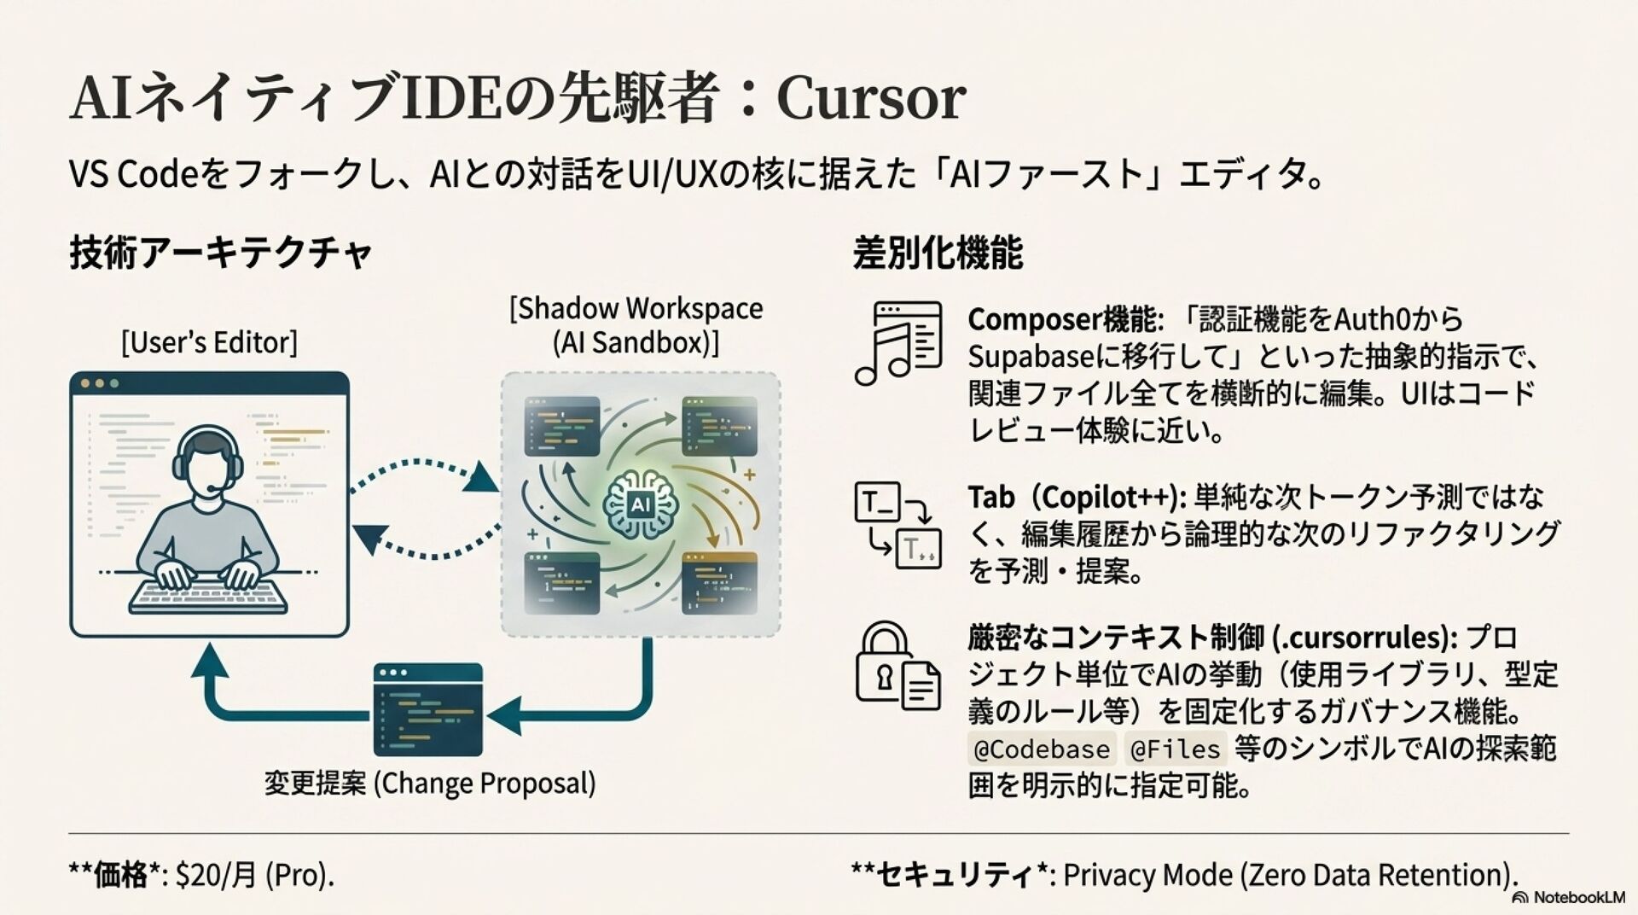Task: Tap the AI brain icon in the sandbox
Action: click(x=640, y=504)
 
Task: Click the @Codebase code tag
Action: click(x=1042, y=749)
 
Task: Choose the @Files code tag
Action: click(x=1175, y=749)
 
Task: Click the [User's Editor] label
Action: click(x=209, y=343)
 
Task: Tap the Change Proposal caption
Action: click(x=429, y=784)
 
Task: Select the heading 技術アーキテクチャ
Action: click(x=221, y=254)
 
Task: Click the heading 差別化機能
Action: click(x=937, y=254)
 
